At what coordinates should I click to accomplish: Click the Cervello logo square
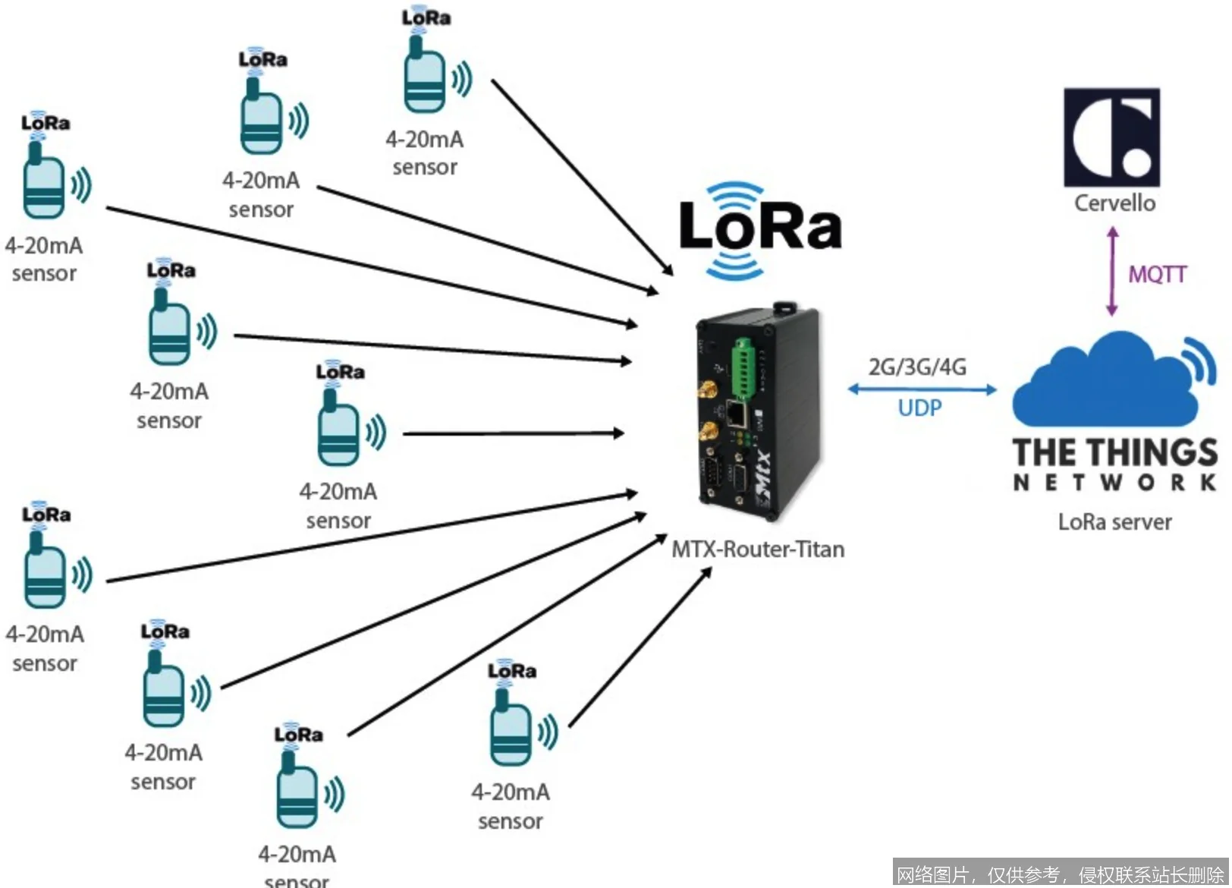tap(1111, 137)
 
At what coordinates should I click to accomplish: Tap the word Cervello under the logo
tap(1114, 203)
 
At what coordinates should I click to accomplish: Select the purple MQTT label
tap(1157, 274)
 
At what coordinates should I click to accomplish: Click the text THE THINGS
tap(1114, 453)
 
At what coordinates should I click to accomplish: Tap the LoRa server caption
tap(1114, 522)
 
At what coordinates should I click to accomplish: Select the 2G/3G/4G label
tap(917, 367)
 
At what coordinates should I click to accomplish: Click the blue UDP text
tap(919, 408)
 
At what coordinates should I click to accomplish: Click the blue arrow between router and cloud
tap(921, 389)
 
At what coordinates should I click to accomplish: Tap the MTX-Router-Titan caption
tap(758, 549)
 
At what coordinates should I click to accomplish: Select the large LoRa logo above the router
tap(759, 227)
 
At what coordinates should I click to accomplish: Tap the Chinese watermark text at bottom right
tap(1060, 874)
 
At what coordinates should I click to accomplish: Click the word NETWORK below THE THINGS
tap(1114, 483)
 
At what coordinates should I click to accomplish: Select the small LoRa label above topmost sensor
tap(426, 17)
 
